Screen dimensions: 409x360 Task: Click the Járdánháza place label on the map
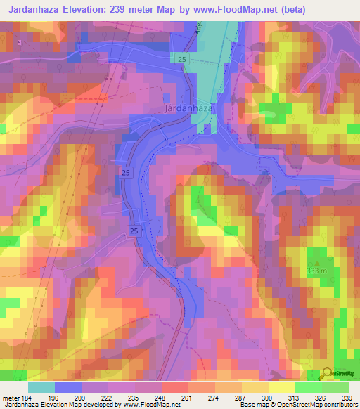191,110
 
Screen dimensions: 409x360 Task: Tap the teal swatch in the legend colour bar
41,387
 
